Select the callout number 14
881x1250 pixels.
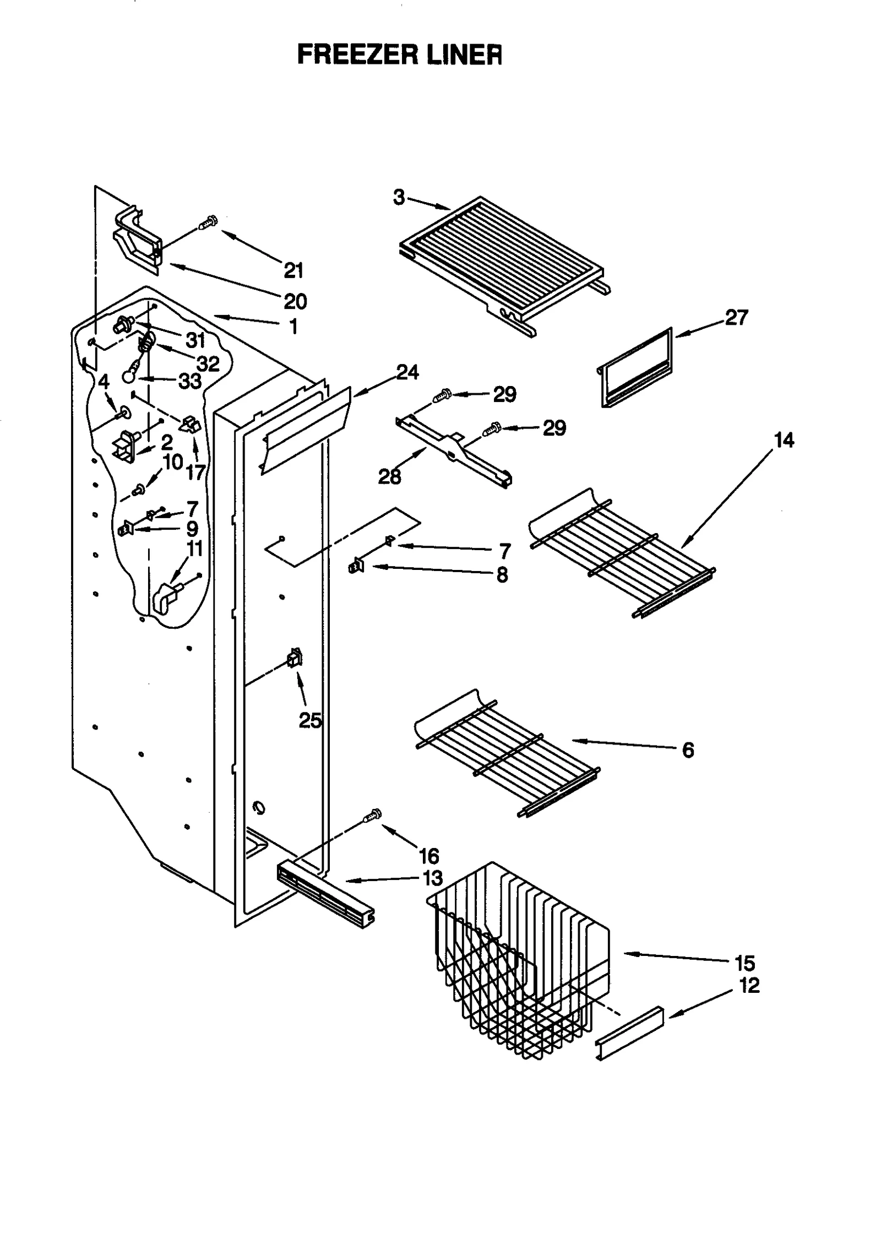coord(784,441)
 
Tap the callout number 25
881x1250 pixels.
coord(310,720)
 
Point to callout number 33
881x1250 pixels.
coord(190,381)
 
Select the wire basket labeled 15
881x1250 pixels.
coord(518,958)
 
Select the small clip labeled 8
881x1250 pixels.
coord(356,566)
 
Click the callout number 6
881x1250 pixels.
coord(688,750)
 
